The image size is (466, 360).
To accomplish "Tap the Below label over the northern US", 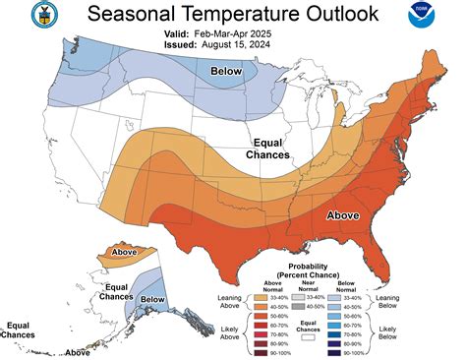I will [x=227, y=72].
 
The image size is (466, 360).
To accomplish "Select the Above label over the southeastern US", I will [x=343, y=214].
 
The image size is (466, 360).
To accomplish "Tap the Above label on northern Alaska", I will [x=125, y=253].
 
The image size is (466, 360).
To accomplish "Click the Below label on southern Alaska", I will [x=151, y=299].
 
